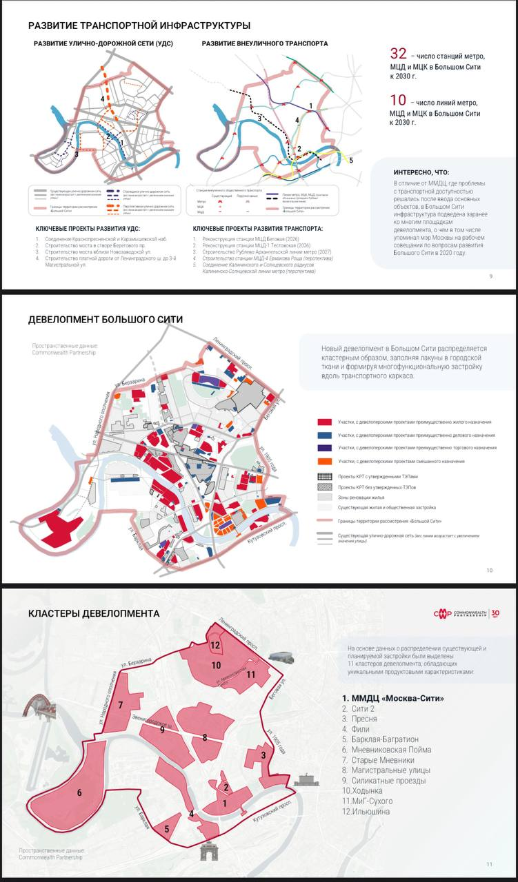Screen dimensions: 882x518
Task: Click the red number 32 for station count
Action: click(398, 54)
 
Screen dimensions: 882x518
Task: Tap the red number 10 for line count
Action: click(398, 100)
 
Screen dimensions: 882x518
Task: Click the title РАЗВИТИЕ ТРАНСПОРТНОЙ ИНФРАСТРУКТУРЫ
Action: click(139, 25)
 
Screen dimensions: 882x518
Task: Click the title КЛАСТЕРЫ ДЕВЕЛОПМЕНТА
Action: click(94, 613)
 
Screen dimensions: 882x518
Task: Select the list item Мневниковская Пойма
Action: click(389, 749)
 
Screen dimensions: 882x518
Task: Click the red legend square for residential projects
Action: click(323, 421)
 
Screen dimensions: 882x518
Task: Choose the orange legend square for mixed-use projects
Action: click(323, 461)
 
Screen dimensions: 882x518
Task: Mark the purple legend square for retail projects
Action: click(323, 448)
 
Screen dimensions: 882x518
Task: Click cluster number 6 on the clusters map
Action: click(79, 793)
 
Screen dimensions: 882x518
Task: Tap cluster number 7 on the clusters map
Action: click(121, 705)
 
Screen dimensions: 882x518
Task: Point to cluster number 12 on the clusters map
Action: click(215, 646)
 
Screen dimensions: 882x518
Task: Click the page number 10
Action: click(489, 570)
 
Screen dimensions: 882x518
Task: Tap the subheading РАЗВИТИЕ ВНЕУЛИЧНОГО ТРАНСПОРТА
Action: click(265, 43)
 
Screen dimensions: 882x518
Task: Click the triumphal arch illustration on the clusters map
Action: click(209, 852)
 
